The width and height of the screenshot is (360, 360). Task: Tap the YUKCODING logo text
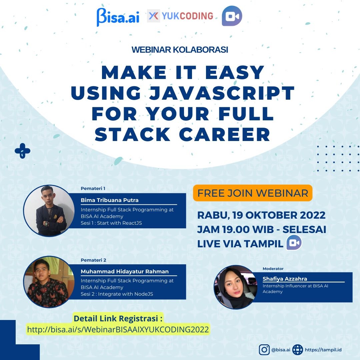[187, 16]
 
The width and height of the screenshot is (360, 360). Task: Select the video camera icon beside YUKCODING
[232, 16]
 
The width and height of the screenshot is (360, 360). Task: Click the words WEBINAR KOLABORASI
[180, 50]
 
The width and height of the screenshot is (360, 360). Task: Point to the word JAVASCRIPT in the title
[222, 93]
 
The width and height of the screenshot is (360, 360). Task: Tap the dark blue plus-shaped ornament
[23, 151]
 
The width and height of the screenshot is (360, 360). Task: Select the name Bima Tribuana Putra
[110, 200]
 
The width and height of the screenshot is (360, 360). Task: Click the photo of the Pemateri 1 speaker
[49, 211]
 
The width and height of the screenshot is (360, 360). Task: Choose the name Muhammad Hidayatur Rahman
[125, 271]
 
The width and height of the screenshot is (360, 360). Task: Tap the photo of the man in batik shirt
[49, 282]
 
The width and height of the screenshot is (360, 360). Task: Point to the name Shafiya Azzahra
[285, 279]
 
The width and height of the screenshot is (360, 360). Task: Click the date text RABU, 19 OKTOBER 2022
[261, 215]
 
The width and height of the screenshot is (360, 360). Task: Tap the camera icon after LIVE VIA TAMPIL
[294, 242]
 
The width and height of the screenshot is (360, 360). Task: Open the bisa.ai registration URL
[118, 329]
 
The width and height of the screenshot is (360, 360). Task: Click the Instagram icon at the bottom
[264, 350]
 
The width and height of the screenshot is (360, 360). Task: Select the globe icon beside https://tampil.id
[298, 350]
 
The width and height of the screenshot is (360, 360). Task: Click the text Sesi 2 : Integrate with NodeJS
[117, 294]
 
